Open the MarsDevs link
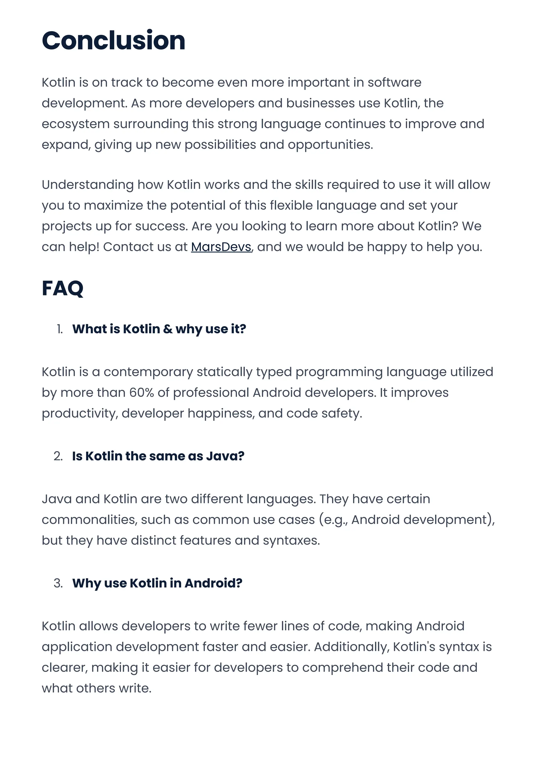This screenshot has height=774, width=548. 221,247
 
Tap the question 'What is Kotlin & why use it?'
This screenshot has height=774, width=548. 159,329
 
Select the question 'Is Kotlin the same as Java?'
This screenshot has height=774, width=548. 158,456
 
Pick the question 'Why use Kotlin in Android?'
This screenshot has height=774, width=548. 157,583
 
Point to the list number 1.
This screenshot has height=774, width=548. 60,329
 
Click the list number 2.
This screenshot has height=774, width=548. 58,456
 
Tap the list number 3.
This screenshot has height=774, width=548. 58,583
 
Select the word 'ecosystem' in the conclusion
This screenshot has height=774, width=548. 75,124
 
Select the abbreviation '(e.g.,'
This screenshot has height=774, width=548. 333,520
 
